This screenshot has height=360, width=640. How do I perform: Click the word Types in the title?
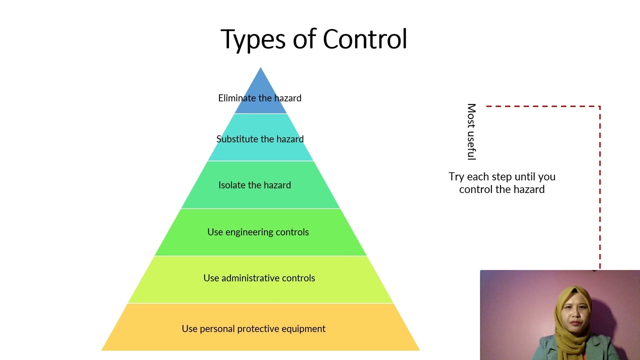(253, 40)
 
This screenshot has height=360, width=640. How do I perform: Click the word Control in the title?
(365, 38)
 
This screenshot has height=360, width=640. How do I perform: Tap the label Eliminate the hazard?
(259, 98)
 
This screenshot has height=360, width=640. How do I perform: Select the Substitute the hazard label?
(260, 139)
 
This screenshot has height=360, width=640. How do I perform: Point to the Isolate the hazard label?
(254, 185)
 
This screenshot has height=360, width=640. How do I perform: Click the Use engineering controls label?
(258, 232)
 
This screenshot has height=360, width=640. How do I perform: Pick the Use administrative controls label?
(259, 278)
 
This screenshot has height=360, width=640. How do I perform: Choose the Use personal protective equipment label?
(253, 329)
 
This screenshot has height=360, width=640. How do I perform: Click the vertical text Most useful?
(471, 131)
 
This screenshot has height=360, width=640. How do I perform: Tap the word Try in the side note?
(456, 177)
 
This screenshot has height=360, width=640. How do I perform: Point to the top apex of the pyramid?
(260, 67)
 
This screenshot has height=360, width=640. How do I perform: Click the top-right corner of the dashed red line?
(599, 106)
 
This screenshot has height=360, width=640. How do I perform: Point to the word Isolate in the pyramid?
(232, 185)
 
